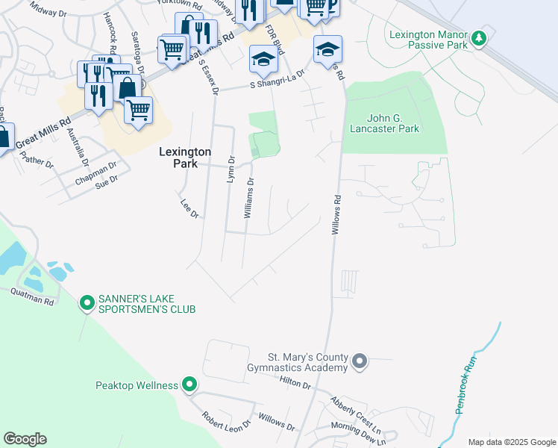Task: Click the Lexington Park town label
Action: tap(185, 157)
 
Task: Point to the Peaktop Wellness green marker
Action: tap(189, 385)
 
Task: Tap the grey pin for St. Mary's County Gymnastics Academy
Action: tap(360, 362)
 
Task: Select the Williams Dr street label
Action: tap(249, 198)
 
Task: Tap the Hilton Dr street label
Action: tap(295, 384)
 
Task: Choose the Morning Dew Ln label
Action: tap(344, 429)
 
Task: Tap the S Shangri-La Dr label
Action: tap(278, 80)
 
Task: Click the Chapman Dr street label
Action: tap(95, 172)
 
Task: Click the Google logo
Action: tap(25, 439)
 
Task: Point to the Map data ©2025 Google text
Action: tap(511, 442)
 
